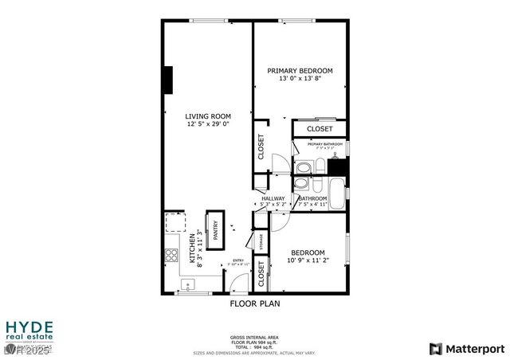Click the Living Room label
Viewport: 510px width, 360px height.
[x=209, y=116]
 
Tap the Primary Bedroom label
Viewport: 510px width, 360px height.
[x=300, y=71]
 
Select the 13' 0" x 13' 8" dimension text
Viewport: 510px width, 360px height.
[x=300, y=79]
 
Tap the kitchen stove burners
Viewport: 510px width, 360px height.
[x=171, y=256]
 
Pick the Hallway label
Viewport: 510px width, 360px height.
[x=273, y=198]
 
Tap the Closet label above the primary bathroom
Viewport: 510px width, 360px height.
[x=320, y=128]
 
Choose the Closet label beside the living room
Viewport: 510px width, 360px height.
[x=261, y=146]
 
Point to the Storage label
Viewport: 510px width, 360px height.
[x=261, y=241]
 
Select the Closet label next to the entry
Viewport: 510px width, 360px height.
[x=261, y=274]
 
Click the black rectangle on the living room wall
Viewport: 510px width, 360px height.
[x=168, y=80]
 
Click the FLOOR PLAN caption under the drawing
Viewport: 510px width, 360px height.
[x=255, y=303]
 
